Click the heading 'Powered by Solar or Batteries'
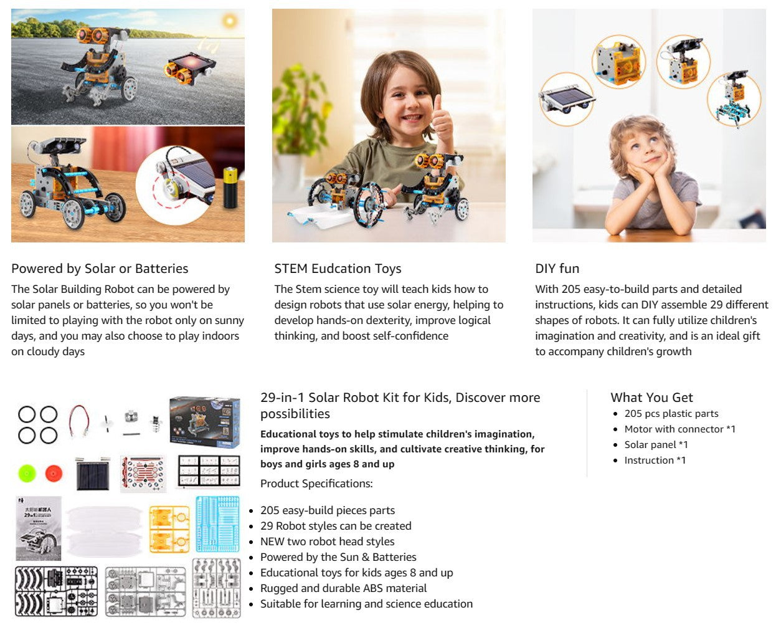(100, 269)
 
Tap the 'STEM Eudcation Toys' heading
(338, 269)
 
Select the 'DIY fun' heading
(557, 269)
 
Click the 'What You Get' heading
(651, 398)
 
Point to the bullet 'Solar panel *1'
(656, 444)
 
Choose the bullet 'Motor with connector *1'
(679, 429)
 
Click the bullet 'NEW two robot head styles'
(327, 542)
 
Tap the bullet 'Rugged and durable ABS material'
(343, 588)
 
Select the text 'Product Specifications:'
(316, 484)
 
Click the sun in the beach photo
(230, 21)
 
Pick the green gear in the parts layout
(27, 474)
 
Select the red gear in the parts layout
(54, 474)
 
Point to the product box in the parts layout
(204, 421)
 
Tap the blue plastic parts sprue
(217, 523)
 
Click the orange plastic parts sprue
(169, 529)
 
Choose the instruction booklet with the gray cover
(39, 528)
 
